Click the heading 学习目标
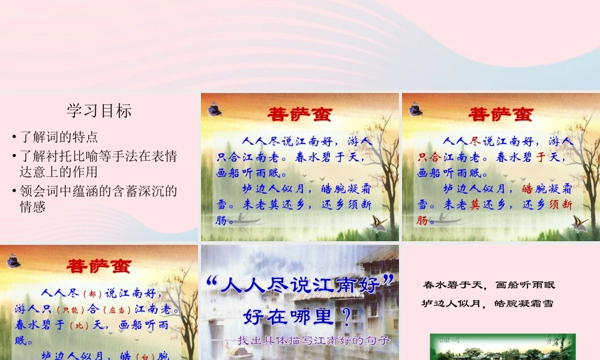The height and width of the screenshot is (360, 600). point(99,110)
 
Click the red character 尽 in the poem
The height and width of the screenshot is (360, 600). point(476,142)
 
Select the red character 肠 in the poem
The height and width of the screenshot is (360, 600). point(423,220)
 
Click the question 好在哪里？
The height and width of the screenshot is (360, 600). point(297,315)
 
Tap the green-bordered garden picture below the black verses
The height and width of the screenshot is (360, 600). point(503,347)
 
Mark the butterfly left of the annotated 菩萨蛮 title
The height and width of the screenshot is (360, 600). point(13,261)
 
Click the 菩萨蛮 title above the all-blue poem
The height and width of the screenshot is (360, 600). point(298,113)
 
